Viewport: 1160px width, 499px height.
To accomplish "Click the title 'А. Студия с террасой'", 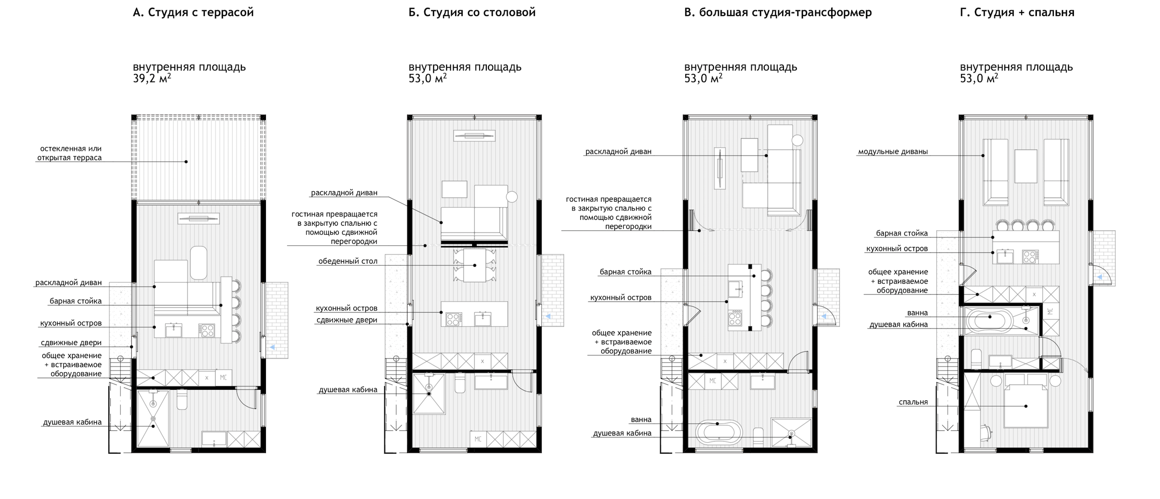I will [193, 12].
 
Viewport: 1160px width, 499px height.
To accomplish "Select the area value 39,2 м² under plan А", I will [152, 79].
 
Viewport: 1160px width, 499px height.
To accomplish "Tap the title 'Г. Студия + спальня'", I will [1017, 12].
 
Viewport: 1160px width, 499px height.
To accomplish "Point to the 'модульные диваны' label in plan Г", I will [892, 152].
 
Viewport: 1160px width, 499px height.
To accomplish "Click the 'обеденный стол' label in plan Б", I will [348, 261].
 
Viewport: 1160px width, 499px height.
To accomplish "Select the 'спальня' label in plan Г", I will [913, 402].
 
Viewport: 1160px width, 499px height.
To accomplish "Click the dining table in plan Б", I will [475, 265].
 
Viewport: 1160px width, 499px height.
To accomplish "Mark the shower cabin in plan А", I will [153, 418].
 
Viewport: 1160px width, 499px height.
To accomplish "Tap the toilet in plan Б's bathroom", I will [460, 384].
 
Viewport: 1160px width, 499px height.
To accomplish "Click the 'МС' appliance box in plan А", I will [224, 378].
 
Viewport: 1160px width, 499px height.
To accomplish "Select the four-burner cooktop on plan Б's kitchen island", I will [453, 319].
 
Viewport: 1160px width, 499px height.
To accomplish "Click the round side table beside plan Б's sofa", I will [512, 197].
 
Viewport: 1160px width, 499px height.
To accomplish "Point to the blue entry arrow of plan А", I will [272, 347].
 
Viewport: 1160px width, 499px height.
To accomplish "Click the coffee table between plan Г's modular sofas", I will [1025, 166].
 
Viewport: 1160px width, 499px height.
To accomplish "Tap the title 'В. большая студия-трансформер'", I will [778, 12].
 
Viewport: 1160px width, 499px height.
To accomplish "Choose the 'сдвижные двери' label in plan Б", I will [346, 320].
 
